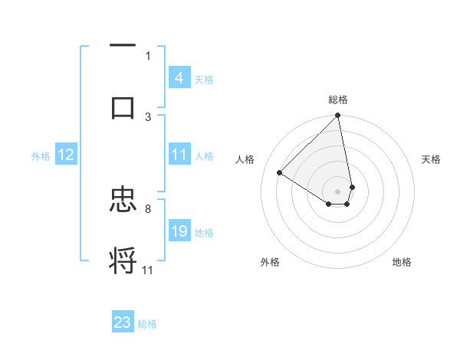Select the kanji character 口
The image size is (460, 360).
123,107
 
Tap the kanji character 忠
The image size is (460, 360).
123,201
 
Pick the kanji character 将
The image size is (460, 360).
123,260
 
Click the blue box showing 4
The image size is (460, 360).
179,78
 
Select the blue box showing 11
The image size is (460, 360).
179,155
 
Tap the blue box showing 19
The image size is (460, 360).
179,232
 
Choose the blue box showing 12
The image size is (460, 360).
66,155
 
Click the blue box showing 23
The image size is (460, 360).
123,322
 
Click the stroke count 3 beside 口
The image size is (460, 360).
148,116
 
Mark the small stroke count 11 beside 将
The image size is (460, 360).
148,270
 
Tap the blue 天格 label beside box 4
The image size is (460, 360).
204,79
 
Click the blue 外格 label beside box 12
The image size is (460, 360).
41,156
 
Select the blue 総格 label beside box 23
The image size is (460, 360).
147,324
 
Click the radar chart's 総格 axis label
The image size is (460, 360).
338,100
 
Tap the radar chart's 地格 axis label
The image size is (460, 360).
402,263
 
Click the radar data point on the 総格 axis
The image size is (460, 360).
338,116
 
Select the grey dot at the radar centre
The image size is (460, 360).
338,191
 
